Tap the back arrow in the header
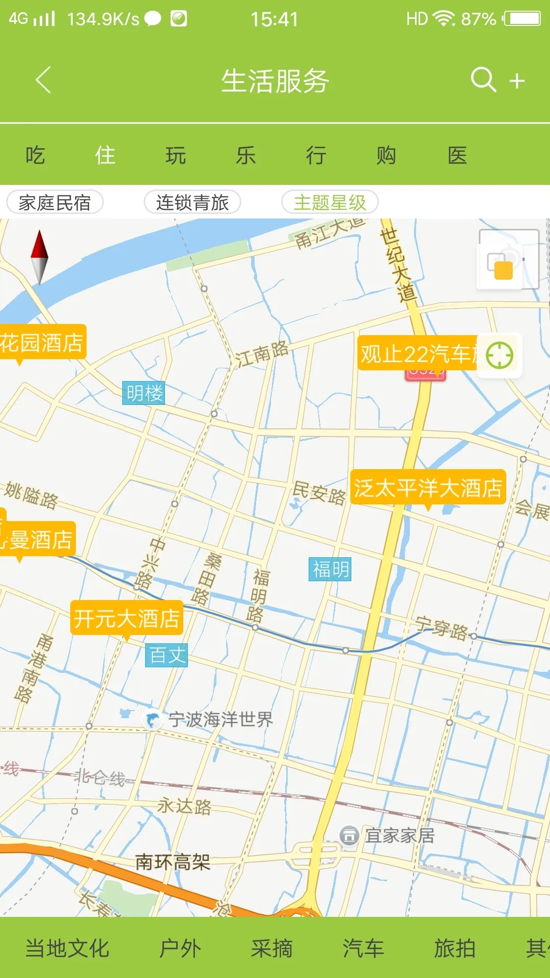pyautogui.click(x=44, y=80)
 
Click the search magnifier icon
pyautogui.click(x=483, y=80)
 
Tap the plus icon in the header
pyautogui.click(x=517, y=81)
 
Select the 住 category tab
pyautogui.click(x=105, y=155)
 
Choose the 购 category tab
pyautogui.click(x=386, y=155)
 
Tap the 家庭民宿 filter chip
pyautogui.click(x=55, y=202)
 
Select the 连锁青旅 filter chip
pyautogui.click(x=193, y=202)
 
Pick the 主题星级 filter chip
pyautogui.click(x=330, y=202)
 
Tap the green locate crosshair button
pyautogui.click(x=499, y=355)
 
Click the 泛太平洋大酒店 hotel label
pyautogui.click(x=428, y=487)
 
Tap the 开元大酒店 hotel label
pyautogui.click(x=127, y=618)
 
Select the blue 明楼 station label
pyautogui.click(x=145, y=393)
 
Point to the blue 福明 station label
pyautogui.click(x=331, y=569)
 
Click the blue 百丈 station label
pyautogui.click(x=167, y=655)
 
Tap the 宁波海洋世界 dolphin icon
pyautogui.click(x=152, y=720)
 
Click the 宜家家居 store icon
pyautogui.click(x=349, y=836)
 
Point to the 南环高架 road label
pyautogui.click(x=173, y=862)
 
